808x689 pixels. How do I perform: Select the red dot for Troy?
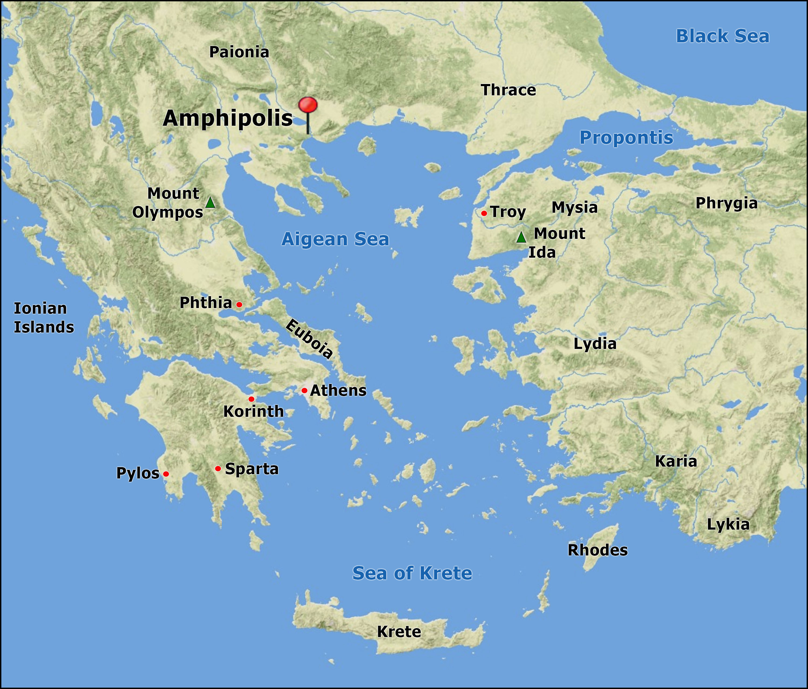(484, 213)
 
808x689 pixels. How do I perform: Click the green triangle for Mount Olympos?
(210, 203)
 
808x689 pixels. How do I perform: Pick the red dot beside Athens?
(304, 390)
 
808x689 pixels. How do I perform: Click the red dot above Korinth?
(252, 399)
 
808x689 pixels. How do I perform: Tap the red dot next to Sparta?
(218, 468)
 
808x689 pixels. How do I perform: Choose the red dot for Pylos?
(166, 474)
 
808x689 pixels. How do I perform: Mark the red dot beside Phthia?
(239, 305)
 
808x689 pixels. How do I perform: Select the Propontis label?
(626, 138)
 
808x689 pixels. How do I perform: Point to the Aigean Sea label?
(335, 239)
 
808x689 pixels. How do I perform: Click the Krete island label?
(399, 632)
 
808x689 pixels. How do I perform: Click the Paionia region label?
(239, 52)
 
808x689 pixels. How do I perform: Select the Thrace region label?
(509, 90)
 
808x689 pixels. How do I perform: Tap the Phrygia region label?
(726, 203)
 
